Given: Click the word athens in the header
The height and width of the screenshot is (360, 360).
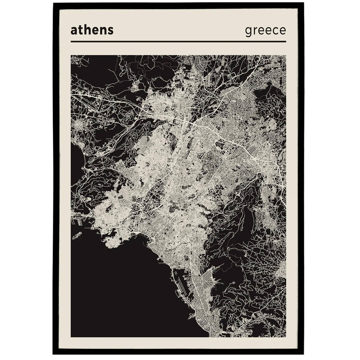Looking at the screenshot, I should (92, 30).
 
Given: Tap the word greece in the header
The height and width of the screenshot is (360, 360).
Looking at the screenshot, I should (265, 31).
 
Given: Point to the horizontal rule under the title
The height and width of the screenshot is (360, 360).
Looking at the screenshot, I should (178, 42).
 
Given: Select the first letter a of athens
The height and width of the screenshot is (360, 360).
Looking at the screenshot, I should (74, 31).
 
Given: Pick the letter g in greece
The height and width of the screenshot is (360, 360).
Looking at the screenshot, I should (248, 32).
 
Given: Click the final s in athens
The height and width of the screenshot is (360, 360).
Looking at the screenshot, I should (111, 31).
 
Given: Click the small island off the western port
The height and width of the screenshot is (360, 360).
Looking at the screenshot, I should (77, 235).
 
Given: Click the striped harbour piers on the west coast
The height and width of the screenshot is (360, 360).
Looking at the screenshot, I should (78, 223).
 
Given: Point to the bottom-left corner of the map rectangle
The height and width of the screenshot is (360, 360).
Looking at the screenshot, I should (71, 337).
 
